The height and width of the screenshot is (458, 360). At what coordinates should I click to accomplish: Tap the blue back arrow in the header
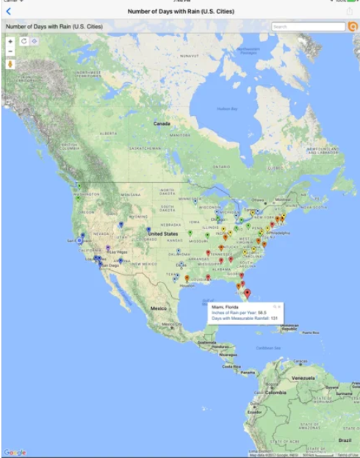[x=8, y=11]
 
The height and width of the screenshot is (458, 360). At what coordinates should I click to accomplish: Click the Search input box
[x=307, y=26]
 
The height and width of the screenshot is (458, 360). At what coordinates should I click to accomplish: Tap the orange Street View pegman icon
[x=10, y=64]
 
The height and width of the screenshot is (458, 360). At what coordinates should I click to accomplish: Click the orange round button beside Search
[x=353, y=26]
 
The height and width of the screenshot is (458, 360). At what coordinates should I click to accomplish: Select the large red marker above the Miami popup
[x=247, y=293]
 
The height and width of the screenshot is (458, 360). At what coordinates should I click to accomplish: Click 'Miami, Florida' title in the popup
[x=226, y=306]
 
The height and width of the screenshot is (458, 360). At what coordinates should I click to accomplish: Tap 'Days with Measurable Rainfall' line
[x=242, y=319]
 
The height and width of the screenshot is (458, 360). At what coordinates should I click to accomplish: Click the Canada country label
[x=162, y=124]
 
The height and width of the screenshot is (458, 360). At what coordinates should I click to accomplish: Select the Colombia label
[x=276, y=393]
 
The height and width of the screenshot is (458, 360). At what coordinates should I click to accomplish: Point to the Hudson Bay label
[x=226, y=109]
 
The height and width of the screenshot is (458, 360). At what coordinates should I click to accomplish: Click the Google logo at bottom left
[x=15, y=452]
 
